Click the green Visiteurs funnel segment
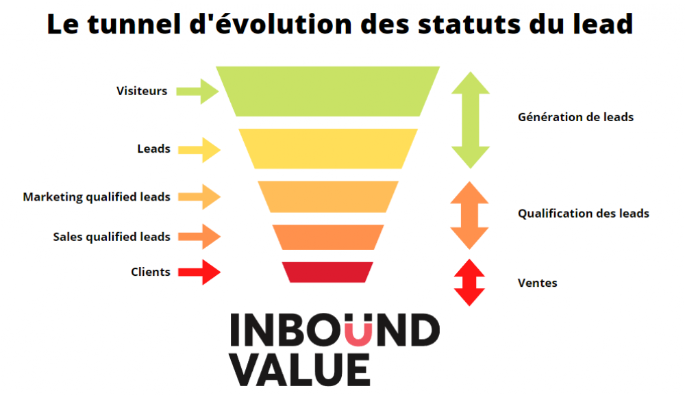[327, 91]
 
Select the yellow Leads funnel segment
[328, 149]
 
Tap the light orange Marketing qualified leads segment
[328, 197]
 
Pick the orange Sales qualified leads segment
[328, 238]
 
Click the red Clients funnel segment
[327, 272]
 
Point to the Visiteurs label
[142, 91]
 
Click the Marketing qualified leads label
[97, 197]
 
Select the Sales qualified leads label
[112, 237]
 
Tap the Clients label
[151, 272]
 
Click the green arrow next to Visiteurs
[197, 92]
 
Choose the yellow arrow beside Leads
[199, 150]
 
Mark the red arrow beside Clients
[199, 272]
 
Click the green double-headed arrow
[471, 120]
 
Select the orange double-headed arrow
[470, 215]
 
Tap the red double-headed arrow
[470, 283]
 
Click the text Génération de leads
[576, 117]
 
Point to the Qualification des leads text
[584, 214]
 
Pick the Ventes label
[538, 283]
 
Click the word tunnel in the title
[134, 24]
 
